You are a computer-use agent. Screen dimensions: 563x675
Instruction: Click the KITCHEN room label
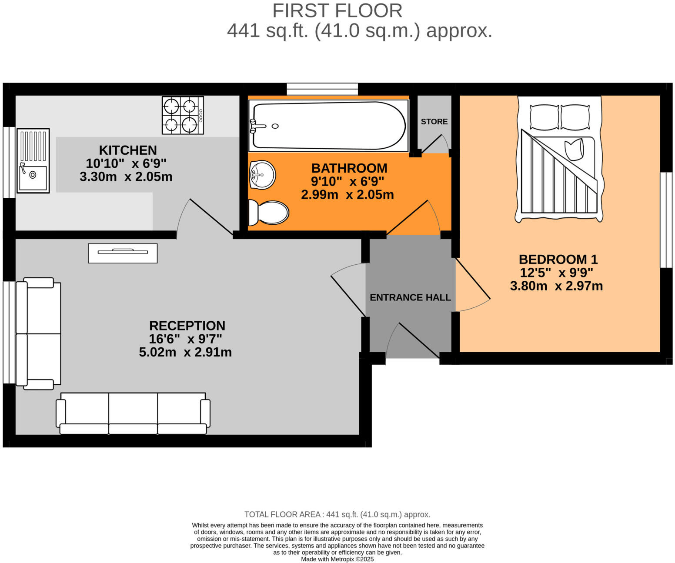[x=127, y=150]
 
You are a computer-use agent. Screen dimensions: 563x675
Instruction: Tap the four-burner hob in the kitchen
[x=183, y=115]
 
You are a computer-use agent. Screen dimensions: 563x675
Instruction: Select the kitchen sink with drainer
[x=33, y=160]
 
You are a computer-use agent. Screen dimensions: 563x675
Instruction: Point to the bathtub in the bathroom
[x=328, y=126]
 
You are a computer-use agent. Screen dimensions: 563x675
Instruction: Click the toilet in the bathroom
[x=269, y=213]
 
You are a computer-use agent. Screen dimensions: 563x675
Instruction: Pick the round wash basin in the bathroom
[x=262, y=175]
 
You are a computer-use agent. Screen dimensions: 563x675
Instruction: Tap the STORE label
[x=434, y=122]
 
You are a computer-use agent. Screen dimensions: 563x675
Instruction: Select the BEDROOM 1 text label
[x=558, y=260]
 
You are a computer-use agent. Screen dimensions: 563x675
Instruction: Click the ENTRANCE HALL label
[x=410, y=298]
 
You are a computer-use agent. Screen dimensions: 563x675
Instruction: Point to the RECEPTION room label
[x=187, y=326]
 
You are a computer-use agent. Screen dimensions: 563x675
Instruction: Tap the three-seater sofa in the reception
[x=133, y=413]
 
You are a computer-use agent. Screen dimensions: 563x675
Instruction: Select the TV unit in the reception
[x=123, y=253]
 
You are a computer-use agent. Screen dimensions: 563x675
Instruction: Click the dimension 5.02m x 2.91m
[x=185, y=352]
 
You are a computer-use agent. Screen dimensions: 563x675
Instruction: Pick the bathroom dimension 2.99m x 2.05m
[x=347, y=195]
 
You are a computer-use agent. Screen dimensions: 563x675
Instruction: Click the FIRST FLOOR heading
[x=337, y=11]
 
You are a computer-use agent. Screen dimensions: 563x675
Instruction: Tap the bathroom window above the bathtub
[x=322, y=89]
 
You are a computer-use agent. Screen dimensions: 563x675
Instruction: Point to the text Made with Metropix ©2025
[x=337, y=560]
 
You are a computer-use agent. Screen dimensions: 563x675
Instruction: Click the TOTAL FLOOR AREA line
[x=337, y=515]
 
